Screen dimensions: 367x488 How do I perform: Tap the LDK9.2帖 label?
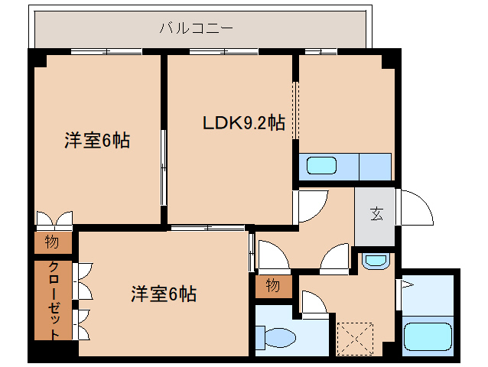[x=243, y=122]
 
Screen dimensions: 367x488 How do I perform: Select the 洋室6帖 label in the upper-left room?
[x=96, y=140]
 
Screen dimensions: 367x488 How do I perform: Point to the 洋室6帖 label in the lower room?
[x=164, y=293]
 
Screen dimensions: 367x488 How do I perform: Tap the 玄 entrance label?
[x=377, y=213]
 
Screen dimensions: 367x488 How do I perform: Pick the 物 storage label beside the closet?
[x=51, y=243]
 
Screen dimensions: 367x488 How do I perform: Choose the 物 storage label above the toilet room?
[x=273, y=286]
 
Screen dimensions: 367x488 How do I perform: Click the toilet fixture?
[x=277, y=336]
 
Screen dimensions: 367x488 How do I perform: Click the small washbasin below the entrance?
[x=375, y=260]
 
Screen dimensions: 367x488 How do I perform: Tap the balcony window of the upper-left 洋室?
[x=106, y=51]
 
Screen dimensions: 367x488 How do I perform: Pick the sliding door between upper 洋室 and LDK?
[x=163, y=166]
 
